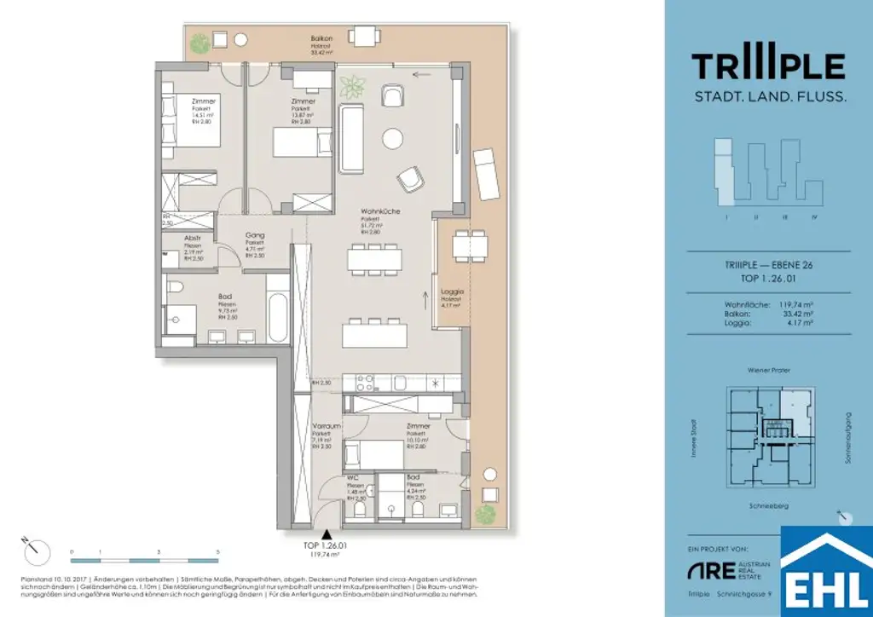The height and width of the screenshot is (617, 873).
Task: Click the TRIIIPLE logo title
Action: coord(768,66)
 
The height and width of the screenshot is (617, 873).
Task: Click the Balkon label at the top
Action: coord(322,39)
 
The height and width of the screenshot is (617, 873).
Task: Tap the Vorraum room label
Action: coord(327,426)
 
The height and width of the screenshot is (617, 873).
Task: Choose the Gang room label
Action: coord(255,235)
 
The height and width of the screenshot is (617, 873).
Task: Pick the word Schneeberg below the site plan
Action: coord(768,506)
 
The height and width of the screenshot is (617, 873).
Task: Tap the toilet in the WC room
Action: coord(359,509)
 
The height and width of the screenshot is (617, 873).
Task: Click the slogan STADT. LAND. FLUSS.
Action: coord(769,97)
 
